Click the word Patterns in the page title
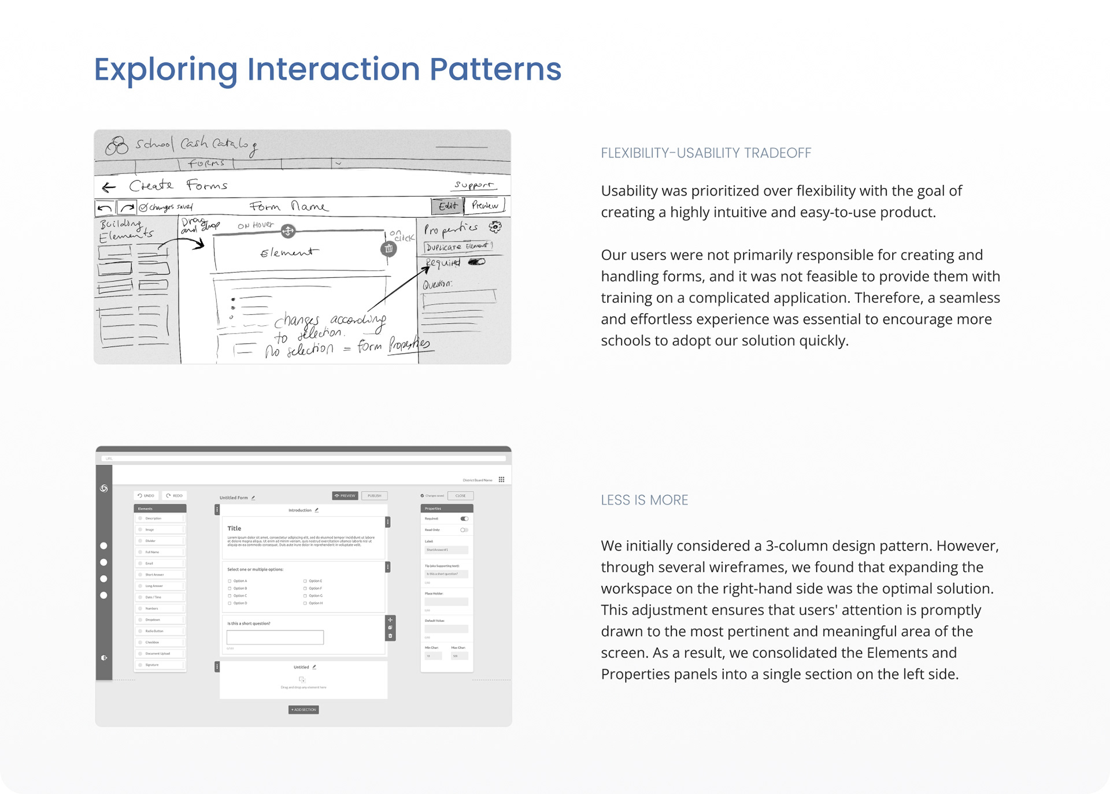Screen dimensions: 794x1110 (495, 69)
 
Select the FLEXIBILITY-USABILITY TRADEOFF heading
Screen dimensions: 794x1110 (706, 153)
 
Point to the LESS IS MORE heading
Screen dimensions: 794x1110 (644, 500)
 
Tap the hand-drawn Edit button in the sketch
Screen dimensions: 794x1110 (447, 206)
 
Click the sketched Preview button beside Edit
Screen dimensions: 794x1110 (484, 205)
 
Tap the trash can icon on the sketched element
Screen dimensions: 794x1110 (388, 248)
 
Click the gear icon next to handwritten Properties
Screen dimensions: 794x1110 (495, 227)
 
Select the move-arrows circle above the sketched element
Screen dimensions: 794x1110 (288, 231)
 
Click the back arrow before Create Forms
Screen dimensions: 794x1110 (109, 187)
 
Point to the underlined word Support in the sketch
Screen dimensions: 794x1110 (473, 185)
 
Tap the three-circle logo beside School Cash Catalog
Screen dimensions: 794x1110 (117, 146)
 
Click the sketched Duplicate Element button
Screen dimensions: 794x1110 (458, 247)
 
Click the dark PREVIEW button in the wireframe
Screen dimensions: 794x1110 (345, 496)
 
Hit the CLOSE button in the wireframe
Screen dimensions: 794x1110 (460, 496)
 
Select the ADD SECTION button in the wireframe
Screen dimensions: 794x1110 (304, 710)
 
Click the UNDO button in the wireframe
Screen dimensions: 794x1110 (146, 496)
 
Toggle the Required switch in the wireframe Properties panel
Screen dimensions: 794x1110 (464, 519)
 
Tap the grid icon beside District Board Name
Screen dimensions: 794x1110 (501, 480)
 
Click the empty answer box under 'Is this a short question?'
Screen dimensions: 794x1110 (275, 637)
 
